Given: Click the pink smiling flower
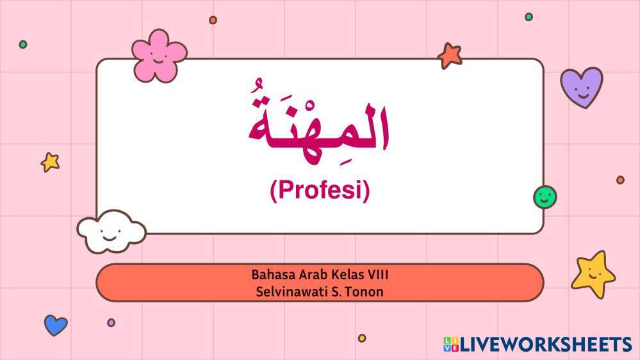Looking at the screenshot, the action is point(159,56).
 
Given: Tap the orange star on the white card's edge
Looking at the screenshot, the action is point(450,55).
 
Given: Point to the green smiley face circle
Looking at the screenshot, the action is point(545,197).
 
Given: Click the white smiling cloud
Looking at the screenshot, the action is point(111,231).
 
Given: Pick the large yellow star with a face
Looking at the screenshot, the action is point(593,274).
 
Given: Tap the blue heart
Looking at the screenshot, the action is point(56,325).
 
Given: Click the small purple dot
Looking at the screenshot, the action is point(111,322).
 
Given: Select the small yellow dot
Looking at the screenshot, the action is point(362,338).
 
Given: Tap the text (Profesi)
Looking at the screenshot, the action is point(320,190).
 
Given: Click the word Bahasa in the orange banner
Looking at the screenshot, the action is point(273,274).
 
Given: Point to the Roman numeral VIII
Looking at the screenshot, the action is point(378,274).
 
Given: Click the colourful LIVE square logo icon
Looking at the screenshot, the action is point(451,344).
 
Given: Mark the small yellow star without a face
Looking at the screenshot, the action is point(50,162).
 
